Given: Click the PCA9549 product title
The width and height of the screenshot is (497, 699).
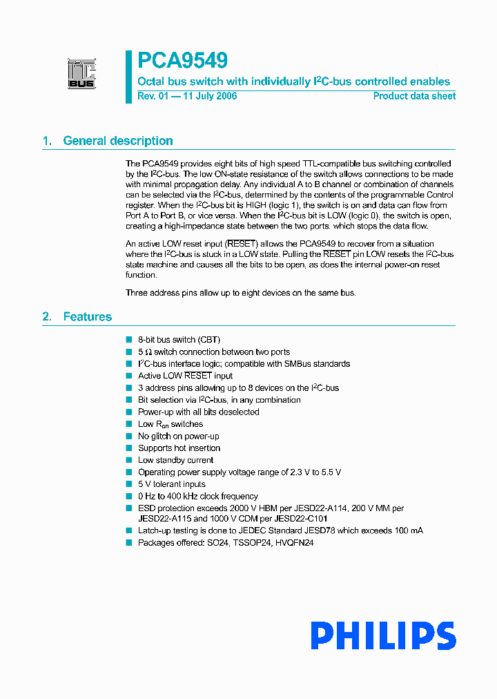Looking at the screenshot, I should [182, 61].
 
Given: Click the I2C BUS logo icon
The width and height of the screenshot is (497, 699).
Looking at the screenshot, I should [81, 74].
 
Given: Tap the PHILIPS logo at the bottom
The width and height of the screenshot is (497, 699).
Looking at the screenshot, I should [382, 636].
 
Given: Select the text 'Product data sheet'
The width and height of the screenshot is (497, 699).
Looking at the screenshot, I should [414, 96].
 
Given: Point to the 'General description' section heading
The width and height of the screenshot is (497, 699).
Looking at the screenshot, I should [117, 141].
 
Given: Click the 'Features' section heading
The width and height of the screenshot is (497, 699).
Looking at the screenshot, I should [87, 317].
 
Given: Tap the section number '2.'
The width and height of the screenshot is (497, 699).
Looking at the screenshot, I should [47, 317].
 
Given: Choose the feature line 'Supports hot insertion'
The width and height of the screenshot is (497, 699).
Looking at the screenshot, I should [179, 448].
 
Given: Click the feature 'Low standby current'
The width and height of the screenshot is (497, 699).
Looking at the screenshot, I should [175, 460].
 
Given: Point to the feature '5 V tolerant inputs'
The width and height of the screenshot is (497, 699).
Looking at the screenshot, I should [171, 484].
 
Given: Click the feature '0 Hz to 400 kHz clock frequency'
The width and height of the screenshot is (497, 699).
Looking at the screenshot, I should [197, 496].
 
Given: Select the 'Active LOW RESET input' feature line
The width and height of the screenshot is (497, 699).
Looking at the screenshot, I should [185, 376].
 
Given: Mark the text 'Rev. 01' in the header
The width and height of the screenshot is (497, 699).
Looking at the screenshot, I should [153, 96].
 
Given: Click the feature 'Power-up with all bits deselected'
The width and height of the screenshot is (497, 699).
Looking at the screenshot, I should [198, 412].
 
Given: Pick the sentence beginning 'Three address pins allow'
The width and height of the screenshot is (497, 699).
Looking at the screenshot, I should [240, 293].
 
